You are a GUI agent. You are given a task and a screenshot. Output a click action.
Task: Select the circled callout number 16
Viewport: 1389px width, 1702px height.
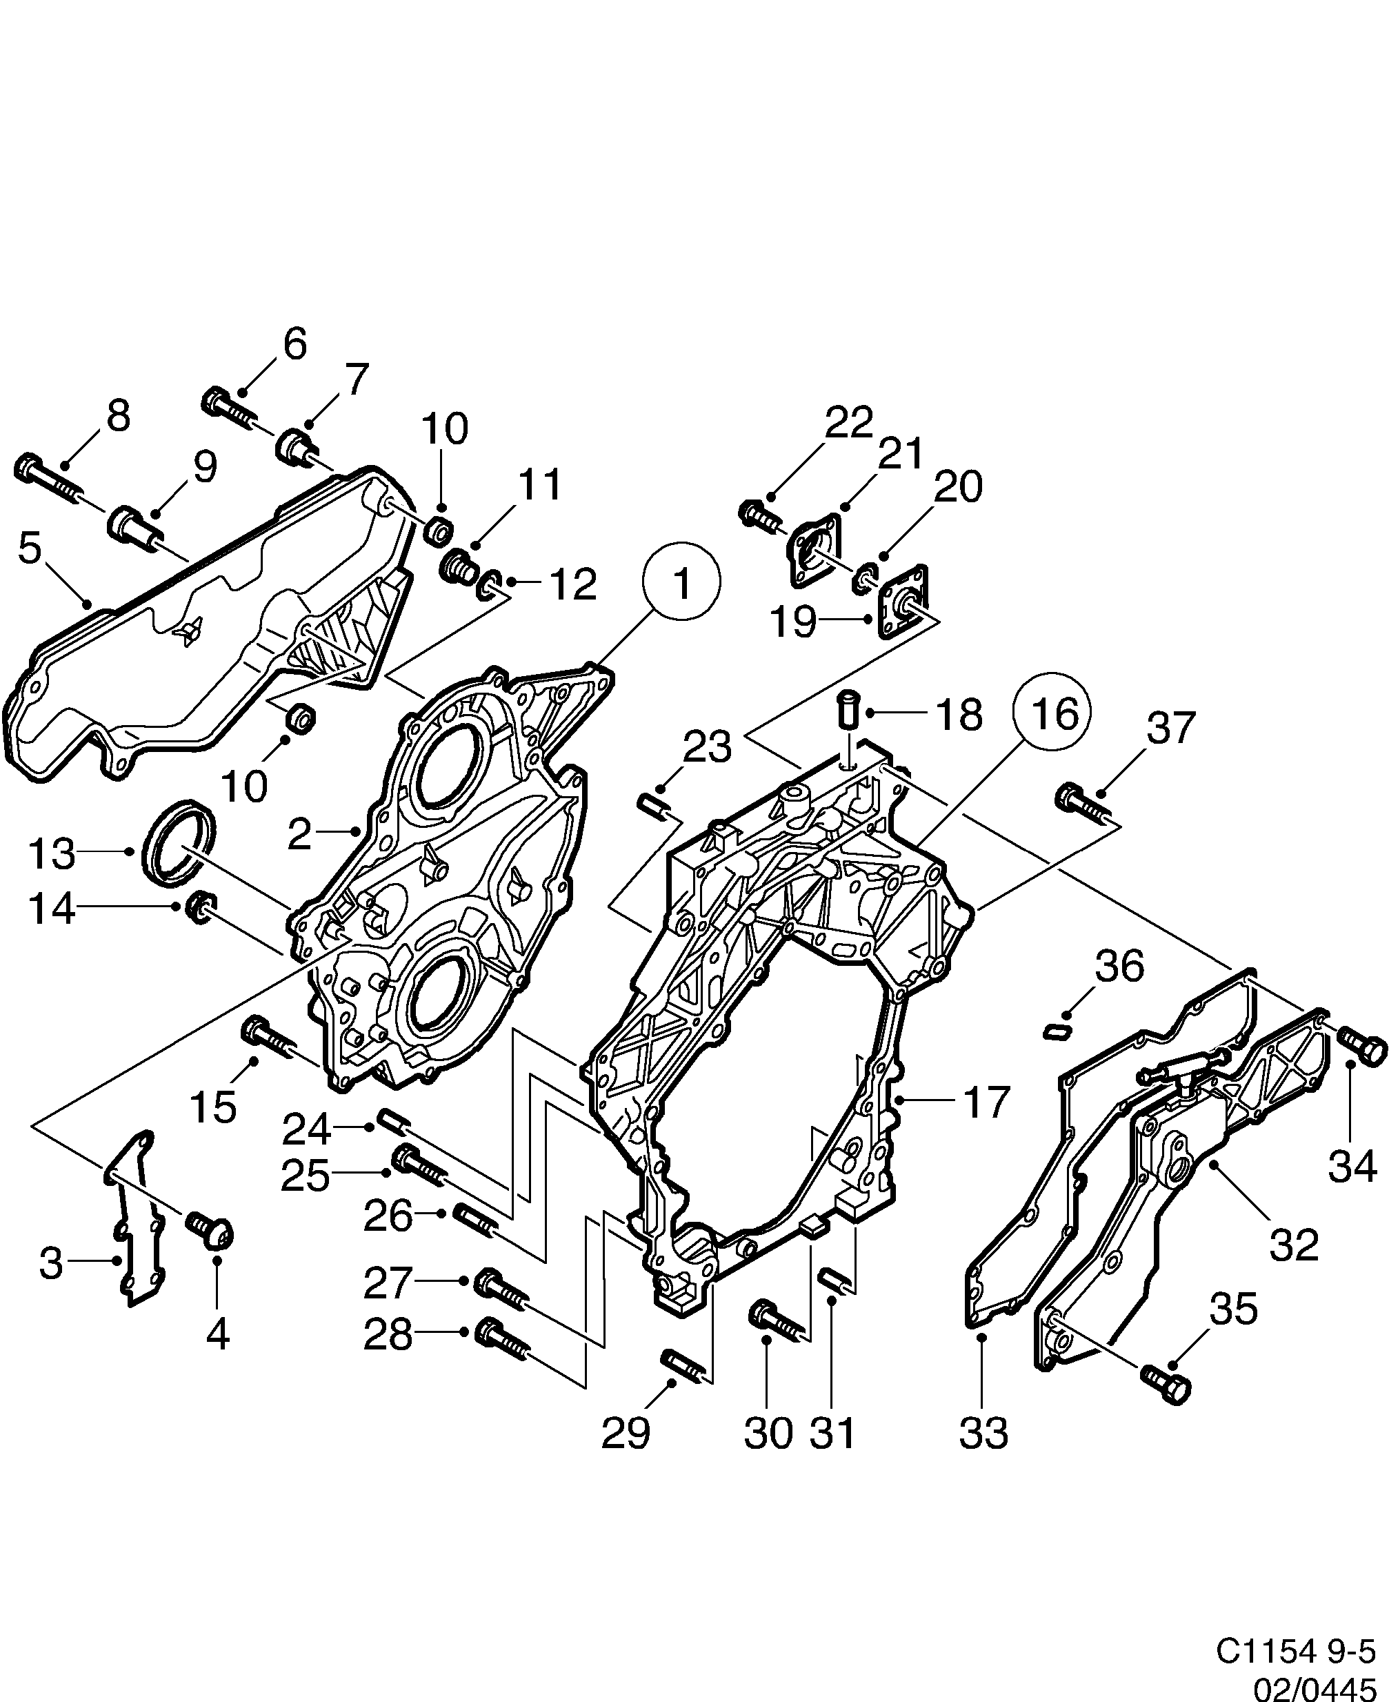tap(1053, 711)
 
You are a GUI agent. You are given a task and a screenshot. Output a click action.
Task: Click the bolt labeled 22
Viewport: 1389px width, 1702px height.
tap(760, 515)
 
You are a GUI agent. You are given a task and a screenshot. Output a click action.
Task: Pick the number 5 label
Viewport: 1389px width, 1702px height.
tap(30, 549)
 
